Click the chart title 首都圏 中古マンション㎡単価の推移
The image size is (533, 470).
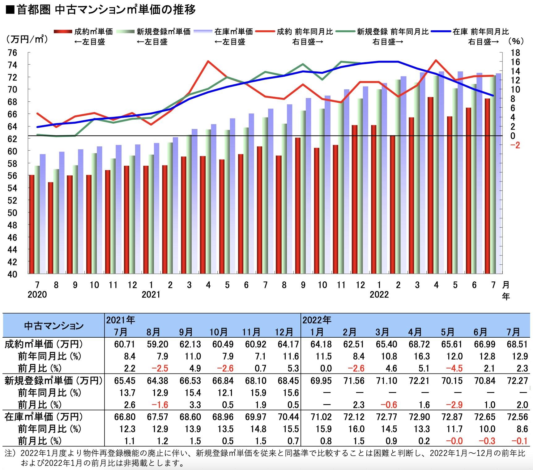point(105,10)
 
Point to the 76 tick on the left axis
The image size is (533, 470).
point(13,53)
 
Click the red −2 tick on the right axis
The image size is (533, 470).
point(515,145)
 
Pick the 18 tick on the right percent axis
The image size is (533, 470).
point(515,53)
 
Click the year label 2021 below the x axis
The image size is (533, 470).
point(151,294)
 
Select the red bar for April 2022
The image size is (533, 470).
point(430,186)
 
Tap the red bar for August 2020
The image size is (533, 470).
point(50,228)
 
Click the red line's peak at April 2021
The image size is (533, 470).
point(208,61)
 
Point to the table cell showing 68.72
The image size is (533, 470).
point(419,344)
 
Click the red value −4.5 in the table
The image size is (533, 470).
point(454,368)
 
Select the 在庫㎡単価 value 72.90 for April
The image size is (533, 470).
point(419,417)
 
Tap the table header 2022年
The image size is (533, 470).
point(317,320)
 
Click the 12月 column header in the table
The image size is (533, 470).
point(284,332)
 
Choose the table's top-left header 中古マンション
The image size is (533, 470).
point(54,326)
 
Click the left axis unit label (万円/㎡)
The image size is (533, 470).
point(27,40)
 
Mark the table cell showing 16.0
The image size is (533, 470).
point(356,429)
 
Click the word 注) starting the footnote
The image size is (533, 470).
point(10,453)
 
